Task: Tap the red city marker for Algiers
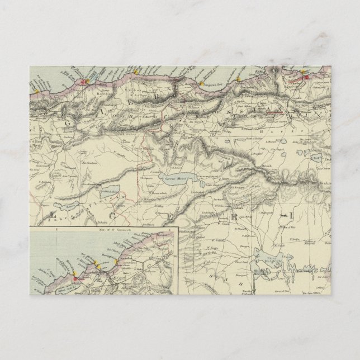pyautogui.click(x=85, y=82)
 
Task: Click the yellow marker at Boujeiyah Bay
pyautogui.click(x=201, y=84)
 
